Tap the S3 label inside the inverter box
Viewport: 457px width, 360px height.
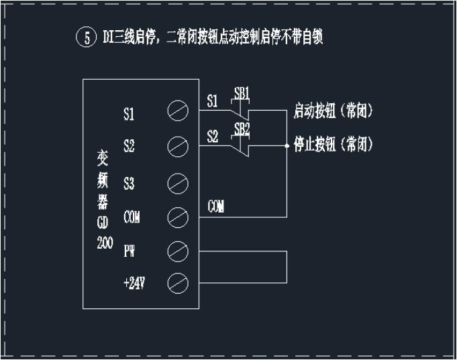(x=129, y=182)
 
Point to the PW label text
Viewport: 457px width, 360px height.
(x=130, y=251)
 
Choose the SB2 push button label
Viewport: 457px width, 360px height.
(x=242, y=127)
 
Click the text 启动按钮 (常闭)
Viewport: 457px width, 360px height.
(x=333, y=112)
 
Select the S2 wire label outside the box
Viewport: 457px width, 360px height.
(x=213, y=136)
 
